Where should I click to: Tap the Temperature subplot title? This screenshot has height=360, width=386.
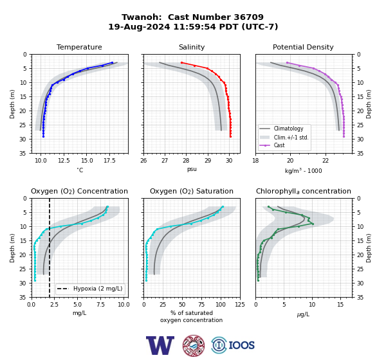pos(79,47)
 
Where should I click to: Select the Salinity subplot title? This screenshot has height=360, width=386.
pos(192,47)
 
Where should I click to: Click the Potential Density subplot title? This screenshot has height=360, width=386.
pos(303,47)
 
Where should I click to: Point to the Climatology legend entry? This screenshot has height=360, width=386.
pos(288,129)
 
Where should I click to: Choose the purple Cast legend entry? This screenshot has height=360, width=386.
pos(279,145)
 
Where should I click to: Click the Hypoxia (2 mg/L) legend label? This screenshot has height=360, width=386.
pos(98,289)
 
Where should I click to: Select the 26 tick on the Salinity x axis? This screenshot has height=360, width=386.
pos(143,161)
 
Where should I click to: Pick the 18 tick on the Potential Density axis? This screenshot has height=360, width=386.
pos(255,161)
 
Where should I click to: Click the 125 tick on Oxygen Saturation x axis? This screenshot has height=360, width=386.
pos(240,305)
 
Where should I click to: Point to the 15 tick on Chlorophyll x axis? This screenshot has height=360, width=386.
pos(340,305)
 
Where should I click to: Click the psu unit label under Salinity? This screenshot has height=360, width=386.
pos(192,169)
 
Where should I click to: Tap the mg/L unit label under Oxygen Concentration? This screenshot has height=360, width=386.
pos(79,313)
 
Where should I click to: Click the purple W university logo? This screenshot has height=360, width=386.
pos(160,345)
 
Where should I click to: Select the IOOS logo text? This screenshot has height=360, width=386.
pos(241,345)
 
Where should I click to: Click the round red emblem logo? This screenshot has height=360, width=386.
pos(194,345)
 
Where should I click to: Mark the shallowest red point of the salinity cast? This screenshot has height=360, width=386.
pos(181,63)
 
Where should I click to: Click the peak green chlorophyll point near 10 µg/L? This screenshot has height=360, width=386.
pos(313,224)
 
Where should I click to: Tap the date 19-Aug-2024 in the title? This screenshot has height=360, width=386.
pos(139,26)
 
